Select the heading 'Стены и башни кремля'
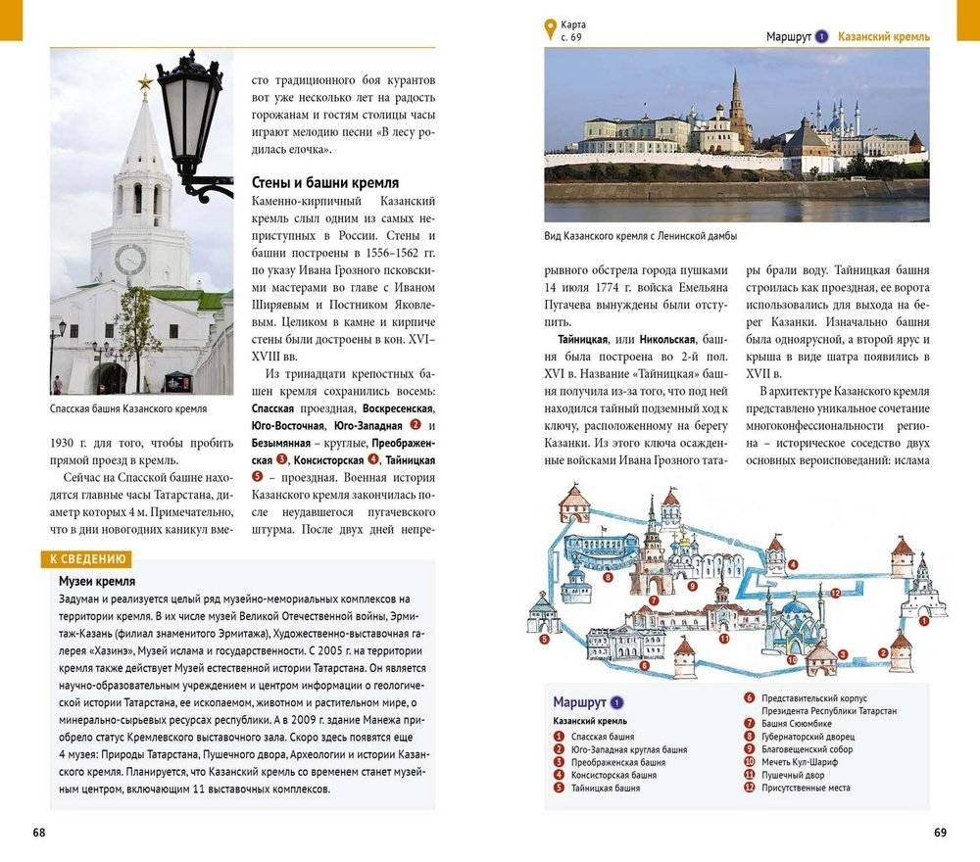(x=324, y=183)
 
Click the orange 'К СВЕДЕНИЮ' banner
(x=84, y=559)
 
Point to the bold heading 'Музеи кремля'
(x=96, y=581)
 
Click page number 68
(x=38, y=833)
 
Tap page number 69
(x=940, y=833)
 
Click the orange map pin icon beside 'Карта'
(x=550, y=29)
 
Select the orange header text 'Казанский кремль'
(x=885, y=36)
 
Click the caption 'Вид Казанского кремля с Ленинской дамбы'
(x=640, y=236)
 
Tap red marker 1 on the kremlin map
(x=924, y=619)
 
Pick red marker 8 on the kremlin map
(x=609, y=578)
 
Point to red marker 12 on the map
(x=835, y=593)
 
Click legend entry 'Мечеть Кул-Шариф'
(x=798, y=761)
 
